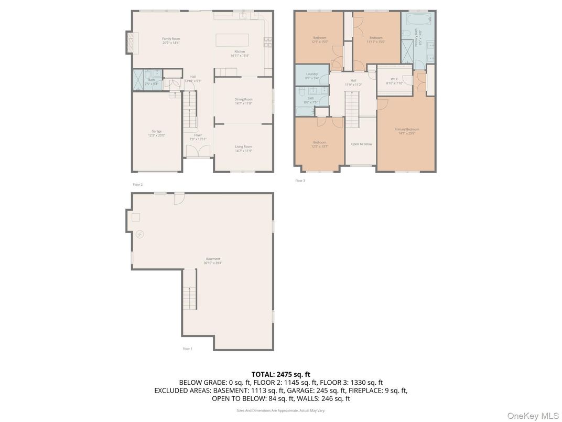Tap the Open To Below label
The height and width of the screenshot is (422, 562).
(362, 144)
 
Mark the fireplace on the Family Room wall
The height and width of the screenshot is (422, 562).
(129, 43)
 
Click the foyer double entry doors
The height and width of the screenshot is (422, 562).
(198, 151)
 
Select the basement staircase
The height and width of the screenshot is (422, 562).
(190, 298)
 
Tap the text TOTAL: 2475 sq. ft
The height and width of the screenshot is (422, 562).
(280, 374)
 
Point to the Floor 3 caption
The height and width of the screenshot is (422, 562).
(300, 181)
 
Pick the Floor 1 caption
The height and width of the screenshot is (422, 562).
(187, 349)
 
